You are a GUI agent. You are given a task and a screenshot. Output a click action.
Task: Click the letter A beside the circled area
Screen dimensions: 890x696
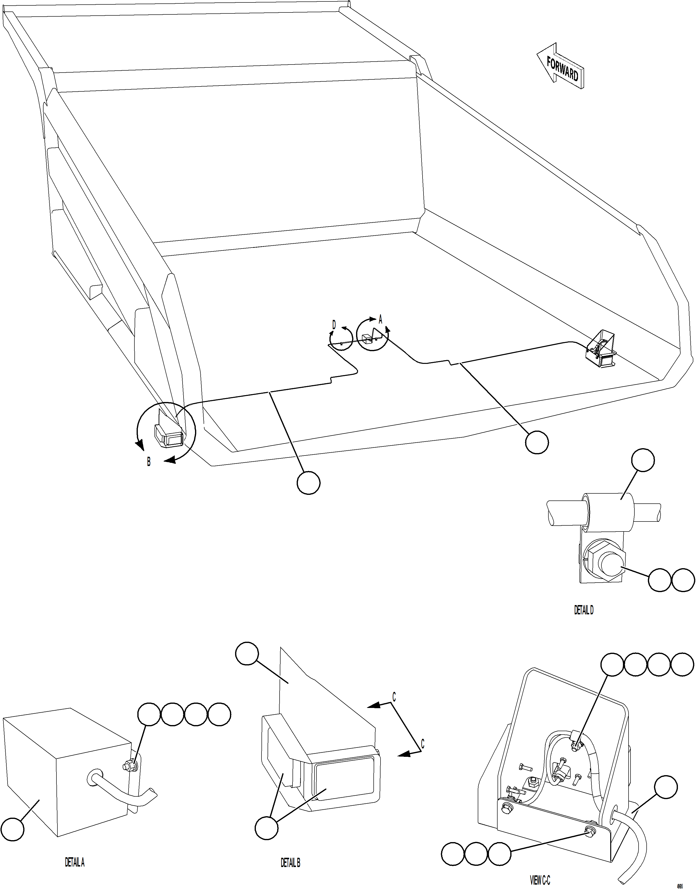[381, 319]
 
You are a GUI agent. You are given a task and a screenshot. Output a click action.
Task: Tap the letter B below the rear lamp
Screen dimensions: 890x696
[149, 462]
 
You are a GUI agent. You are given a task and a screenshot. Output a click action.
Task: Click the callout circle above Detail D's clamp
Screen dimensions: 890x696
[643, 460]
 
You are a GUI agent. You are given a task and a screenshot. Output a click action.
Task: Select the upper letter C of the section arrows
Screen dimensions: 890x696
[394, 697]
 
